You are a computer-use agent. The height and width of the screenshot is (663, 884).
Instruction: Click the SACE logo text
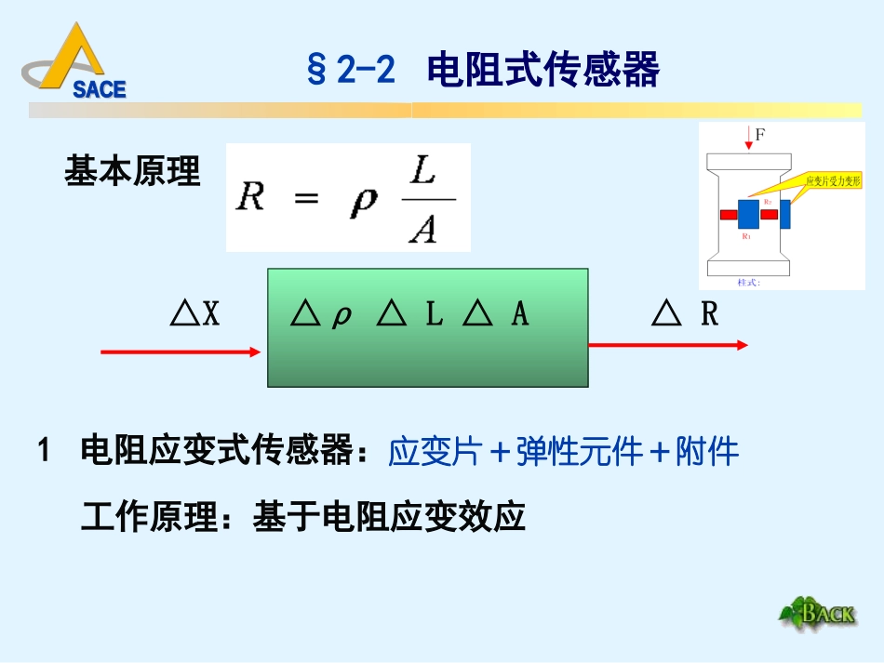pos(99,89)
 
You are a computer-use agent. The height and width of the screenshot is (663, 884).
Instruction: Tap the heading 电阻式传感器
pos(543,70)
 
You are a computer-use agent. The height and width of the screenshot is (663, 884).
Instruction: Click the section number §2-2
pos(352,70)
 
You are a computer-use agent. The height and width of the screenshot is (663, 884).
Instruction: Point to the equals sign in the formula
pos(306,198)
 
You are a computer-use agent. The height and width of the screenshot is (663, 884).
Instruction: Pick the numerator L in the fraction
pos(423,173)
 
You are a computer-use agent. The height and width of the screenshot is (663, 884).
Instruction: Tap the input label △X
pos(195,315)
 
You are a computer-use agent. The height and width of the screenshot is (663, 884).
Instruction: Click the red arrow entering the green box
pos(181,351)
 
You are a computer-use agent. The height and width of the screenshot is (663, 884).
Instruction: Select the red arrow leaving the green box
pos(667,345)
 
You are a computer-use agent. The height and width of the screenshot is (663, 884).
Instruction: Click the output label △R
pos(686,315)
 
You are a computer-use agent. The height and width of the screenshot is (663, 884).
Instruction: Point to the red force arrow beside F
pos(749,140)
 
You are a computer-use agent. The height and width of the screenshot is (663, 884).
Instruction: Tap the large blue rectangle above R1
pos(749,214)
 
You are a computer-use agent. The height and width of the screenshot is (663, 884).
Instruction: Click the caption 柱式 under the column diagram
pos(748,282)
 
